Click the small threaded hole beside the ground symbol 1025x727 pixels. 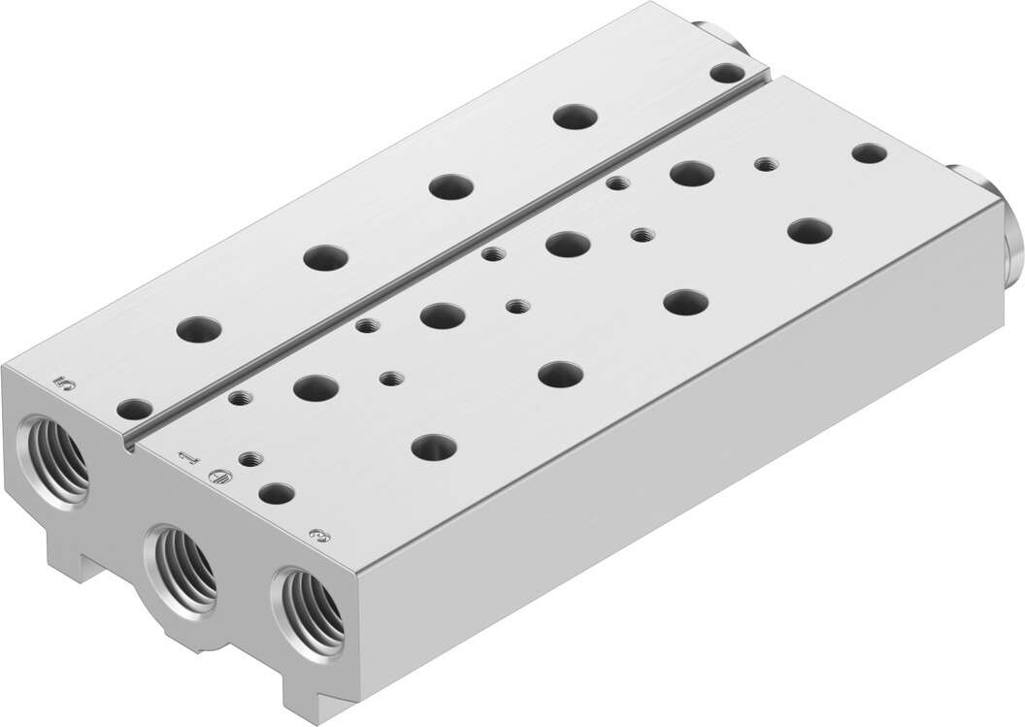click(x=248, y=458)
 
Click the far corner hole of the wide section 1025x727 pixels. click(x=869, y=152)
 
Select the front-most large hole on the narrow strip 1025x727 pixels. click(x=199, y=329)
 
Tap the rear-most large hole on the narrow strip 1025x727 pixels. click(x=575, y=116)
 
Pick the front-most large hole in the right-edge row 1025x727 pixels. click(x=434, y=446)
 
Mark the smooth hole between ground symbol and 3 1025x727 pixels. click(x=277, y=492)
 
